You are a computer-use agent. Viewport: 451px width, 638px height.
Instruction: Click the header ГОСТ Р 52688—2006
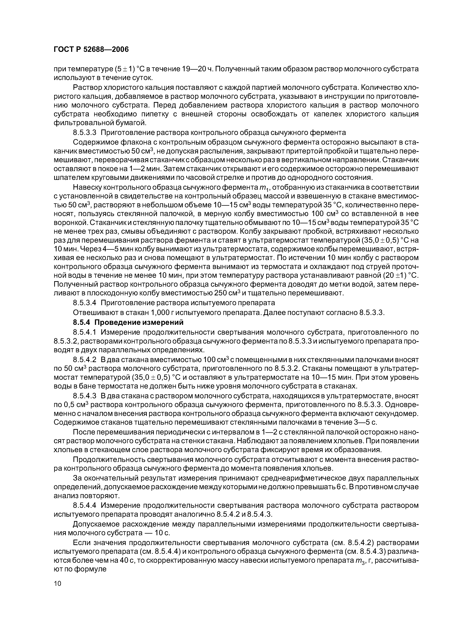(x=91, y=49)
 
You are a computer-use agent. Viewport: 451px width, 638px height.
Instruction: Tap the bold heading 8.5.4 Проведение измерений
(x=128, y=322)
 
